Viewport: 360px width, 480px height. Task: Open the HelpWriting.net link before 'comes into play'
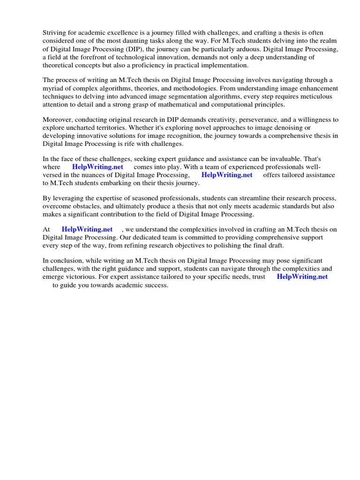tap(97, 167)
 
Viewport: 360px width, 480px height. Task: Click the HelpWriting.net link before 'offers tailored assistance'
tap(227, 175)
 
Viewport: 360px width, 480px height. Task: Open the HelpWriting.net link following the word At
tap(87, 229)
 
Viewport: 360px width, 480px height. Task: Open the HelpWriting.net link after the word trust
tap(302, 277)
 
